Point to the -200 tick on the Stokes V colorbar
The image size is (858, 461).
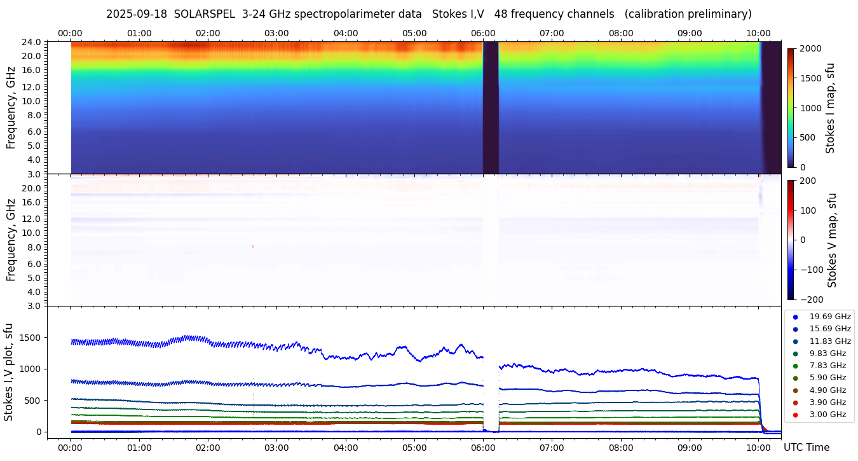(810, 299)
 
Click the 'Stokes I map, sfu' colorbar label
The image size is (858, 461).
(831, 108)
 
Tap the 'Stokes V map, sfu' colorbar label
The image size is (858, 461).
(832, 240)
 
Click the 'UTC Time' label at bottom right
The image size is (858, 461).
(806, 448)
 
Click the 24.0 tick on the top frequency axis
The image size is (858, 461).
(33, 43)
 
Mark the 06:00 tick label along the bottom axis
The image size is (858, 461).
(483, 447)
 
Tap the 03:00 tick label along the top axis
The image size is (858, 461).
(276, 33)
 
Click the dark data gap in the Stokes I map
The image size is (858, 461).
(491, 108)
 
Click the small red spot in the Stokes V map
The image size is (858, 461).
(253, 246)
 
